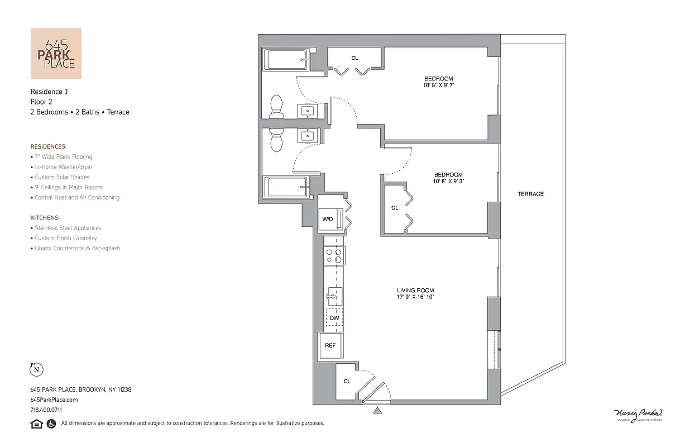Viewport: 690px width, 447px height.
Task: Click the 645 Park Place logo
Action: point(56,54)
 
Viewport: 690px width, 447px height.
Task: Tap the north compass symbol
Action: point(36,369)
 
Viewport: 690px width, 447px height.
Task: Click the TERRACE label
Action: point(530,194)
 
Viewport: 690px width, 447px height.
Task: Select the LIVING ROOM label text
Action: point(415,290)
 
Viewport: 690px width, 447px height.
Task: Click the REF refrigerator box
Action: point(330,345)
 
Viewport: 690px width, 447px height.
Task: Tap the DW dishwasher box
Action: point(334,317)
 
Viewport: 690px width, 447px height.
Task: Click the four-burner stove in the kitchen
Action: point(334,256)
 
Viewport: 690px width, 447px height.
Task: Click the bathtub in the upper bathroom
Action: point(286,60)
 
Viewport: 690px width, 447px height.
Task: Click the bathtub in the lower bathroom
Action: point(286,187)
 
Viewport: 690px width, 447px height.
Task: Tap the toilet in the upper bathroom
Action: point(276,107)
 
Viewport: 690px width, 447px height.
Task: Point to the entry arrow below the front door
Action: point(377,411)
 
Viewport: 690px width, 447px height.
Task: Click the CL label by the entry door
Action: point(347,381)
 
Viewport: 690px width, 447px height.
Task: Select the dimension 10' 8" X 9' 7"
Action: point(438,86)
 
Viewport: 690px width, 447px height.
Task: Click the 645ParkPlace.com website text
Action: point(54,400)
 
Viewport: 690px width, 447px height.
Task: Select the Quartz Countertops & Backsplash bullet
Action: point(77,248)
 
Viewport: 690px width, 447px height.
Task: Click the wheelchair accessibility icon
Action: point(51,424)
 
